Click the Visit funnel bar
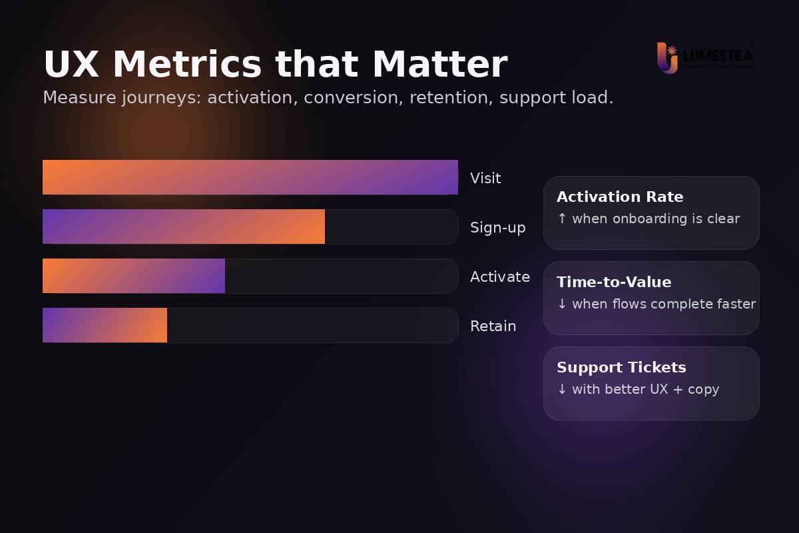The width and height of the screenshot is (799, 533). pos(250,177)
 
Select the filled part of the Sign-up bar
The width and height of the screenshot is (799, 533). pos(184,227)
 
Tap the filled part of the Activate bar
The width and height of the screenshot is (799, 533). pos(134,276)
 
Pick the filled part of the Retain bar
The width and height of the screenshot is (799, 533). pos(105,325)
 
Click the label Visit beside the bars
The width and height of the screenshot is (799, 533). pos(485,178)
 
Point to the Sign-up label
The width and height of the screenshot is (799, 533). pos(497,227)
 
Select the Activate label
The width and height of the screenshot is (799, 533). pos(499,276)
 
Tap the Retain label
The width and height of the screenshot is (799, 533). pos(493,326)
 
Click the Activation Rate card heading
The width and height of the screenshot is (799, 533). pos(620,197)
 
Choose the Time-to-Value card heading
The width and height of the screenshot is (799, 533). pos(614,282)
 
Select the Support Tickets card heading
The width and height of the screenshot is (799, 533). pos(621,367)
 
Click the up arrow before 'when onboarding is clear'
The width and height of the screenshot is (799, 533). pos(562,219)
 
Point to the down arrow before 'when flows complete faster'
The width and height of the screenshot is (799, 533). pos(562,304)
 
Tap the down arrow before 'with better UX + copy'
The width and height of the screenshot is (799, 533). pos(562,389)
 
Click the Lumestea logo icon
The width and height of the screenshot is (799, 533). pos(667,57)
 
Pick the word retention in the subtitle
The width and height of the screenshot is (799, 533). pos(449,97)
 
